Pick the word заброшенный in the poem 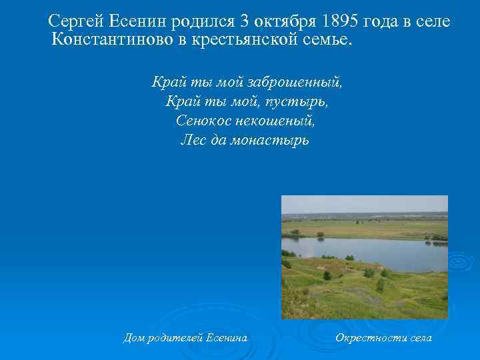pos(294,83)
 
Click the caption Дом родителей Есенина pos(185,338)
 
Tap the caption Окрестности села pos(383,338)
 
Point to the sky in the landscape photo pos(364,203)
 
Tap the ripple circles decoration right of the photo pos(461,264)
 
